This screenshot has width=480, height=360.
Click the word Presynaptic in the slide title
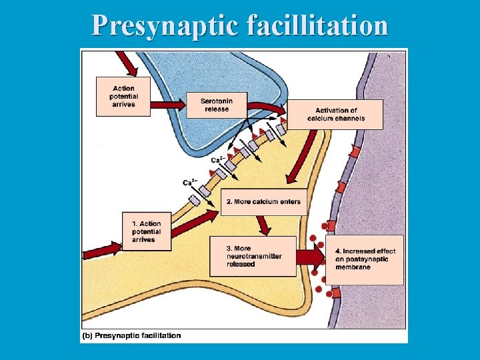point(166,25)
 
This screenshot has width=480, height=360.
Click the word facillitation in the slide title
point(317,25)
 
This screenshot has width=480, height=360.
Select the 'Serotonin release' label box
point(216,105)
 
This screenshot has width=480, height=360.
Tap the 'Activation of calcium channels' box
point(335,115)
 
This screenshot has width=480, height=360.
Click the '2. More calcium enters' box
point(265,202)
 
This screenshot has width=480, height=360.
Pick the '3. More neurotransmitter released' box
point(253,256)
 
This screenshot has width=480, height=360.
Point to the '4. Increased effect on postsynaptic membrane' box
point(365,259)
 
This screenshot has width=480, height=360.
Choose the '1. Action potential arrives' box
point(147,231)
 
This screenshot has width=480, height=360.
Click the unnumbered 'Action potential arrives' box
point(123,97)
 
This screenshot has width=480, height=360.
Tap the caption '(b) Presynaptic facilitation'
point(131,335)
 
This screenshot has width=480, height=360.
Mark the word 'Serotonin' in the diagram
point(216,101)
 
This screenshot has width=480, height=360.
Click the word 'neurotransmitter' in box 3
point(253,256)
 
